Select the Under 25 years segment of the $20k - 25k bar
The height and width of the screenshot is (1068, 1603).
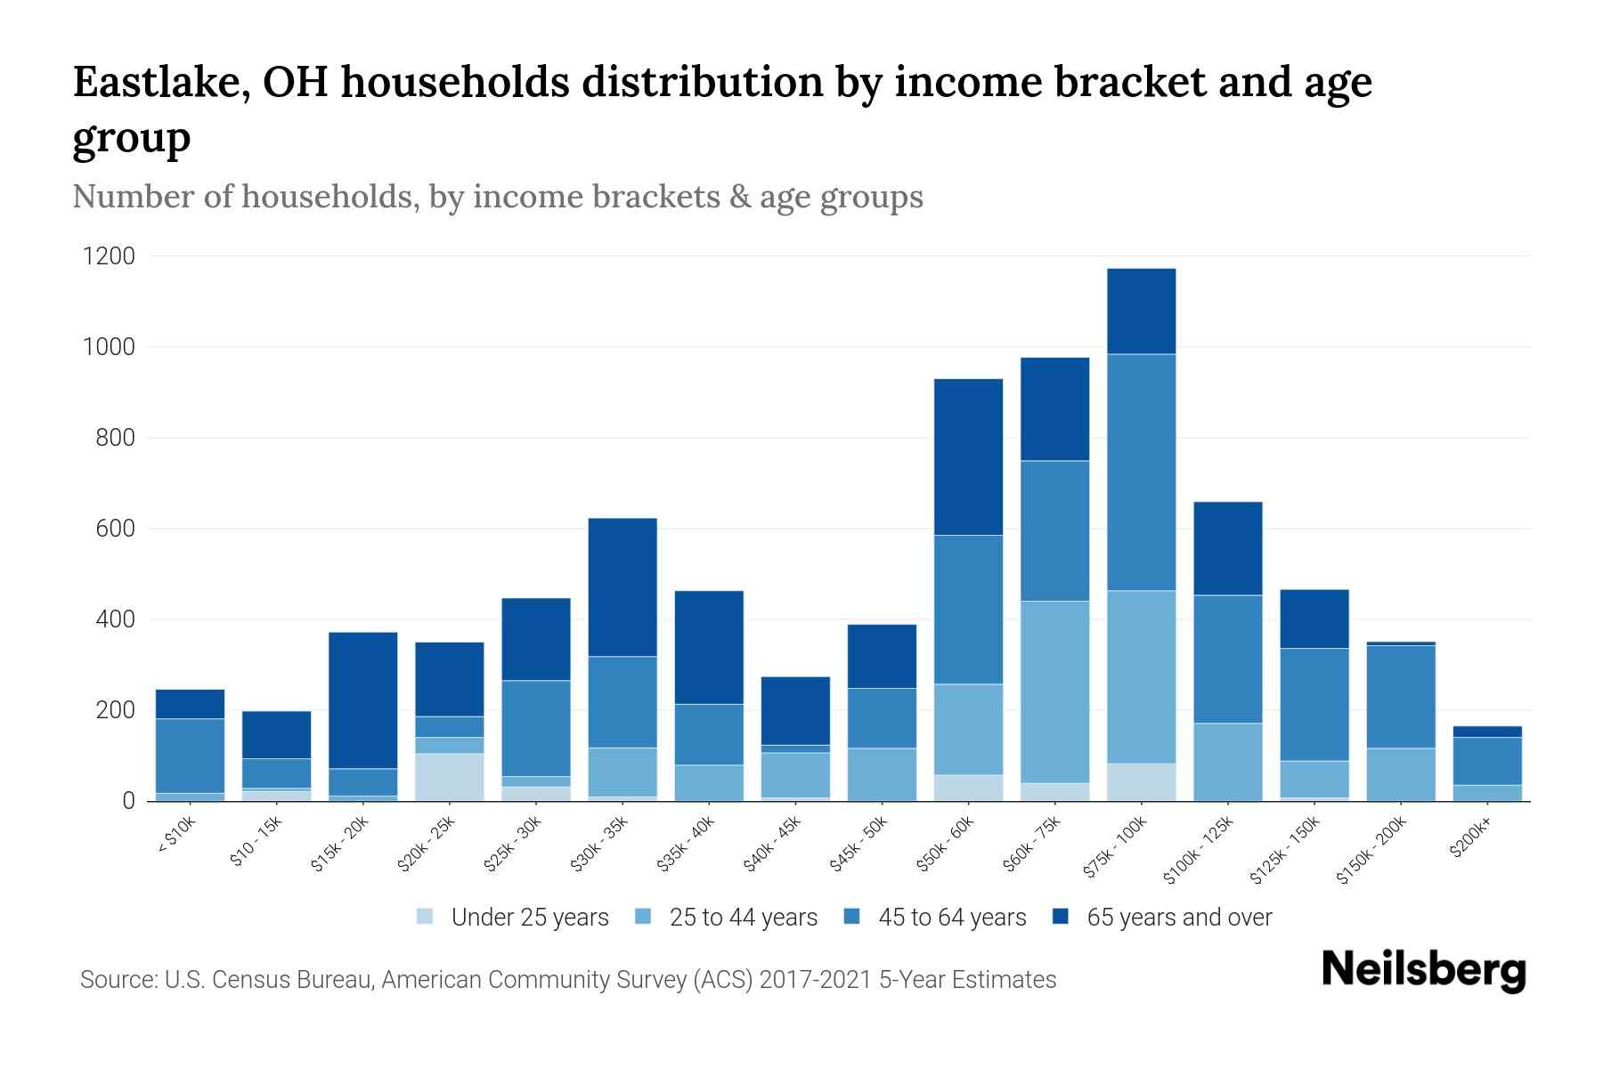click(450, 777)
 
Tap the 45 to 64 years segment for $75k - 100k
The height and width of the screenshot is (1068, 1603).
click(1142, 472)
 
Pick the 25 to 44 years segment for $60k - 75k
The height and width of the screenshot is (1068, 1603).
click(1054, 692)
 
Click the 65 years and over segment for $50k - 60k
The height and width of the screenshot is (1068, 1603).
click(968, 457)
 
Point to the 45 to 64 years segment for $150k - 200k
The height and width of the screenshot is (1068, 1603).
click(1401, 696)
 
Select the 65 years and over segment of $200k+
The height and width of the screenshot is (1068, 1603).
click(1487, 732)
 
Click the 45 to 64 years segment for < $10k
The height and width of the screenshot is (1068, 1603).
click(190, 755)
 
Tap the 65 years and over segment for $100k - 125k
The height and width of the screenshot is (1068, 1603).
click(1228, 548)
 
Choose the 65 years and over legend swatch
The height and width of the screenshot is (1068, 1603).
click(1061, 917)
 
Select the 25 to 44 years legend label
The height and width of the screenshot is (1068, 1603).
click(744, 918)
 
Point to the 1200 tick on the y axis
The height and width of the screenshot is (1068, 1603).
click(109, 257)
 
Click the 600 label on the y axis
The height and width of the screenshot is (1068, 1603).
click(116, 530)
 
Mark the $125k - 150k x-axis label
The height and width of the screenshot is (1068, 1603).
click(1287, 850)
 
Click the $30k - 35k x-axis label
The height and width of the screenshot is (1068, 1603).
click(601, 844)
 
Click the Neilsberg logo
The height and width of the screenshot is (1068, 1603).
click(1423, 970)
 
